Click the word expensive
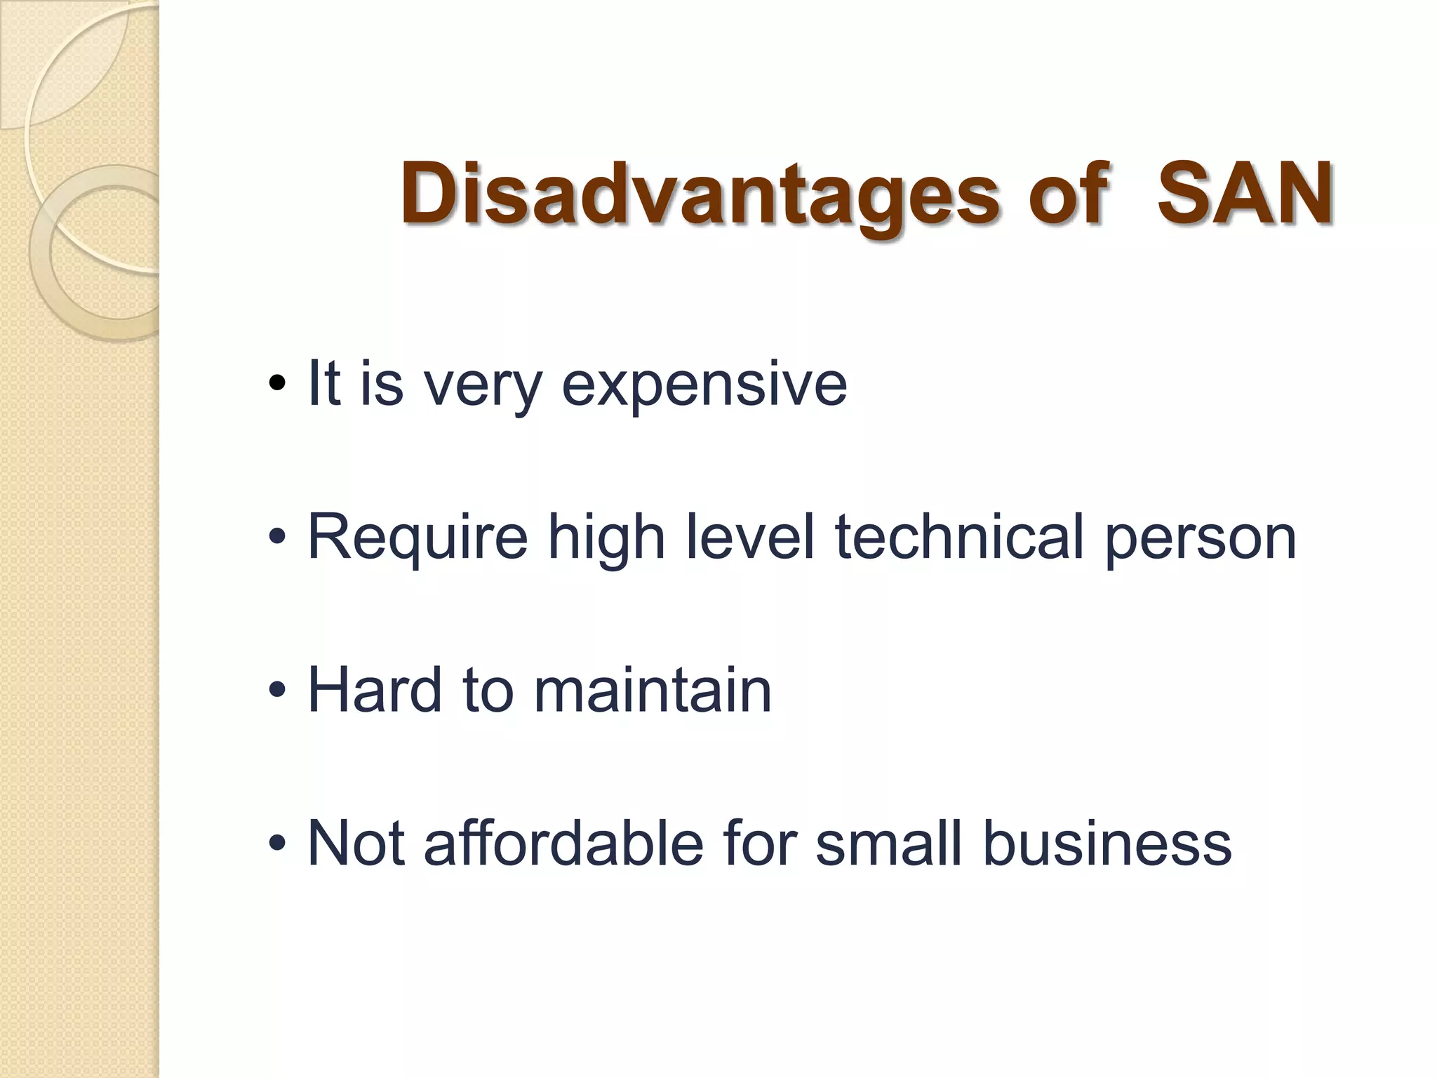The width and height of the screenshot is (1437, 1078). pyautogui.click(x=704, y=385)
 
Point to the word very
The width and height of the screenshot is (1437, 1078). pyautogui.click(x=483, y=385)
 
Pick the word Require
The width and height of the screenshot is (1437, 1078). pyautogui.click(x=417, y=538)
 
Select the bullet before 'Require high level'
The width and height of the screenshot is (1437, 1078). pyautogui.click(x=277, y=538)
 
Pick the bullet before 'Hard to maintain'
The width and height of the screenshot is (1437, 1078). pyautogui.click(x=277, y=691)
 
